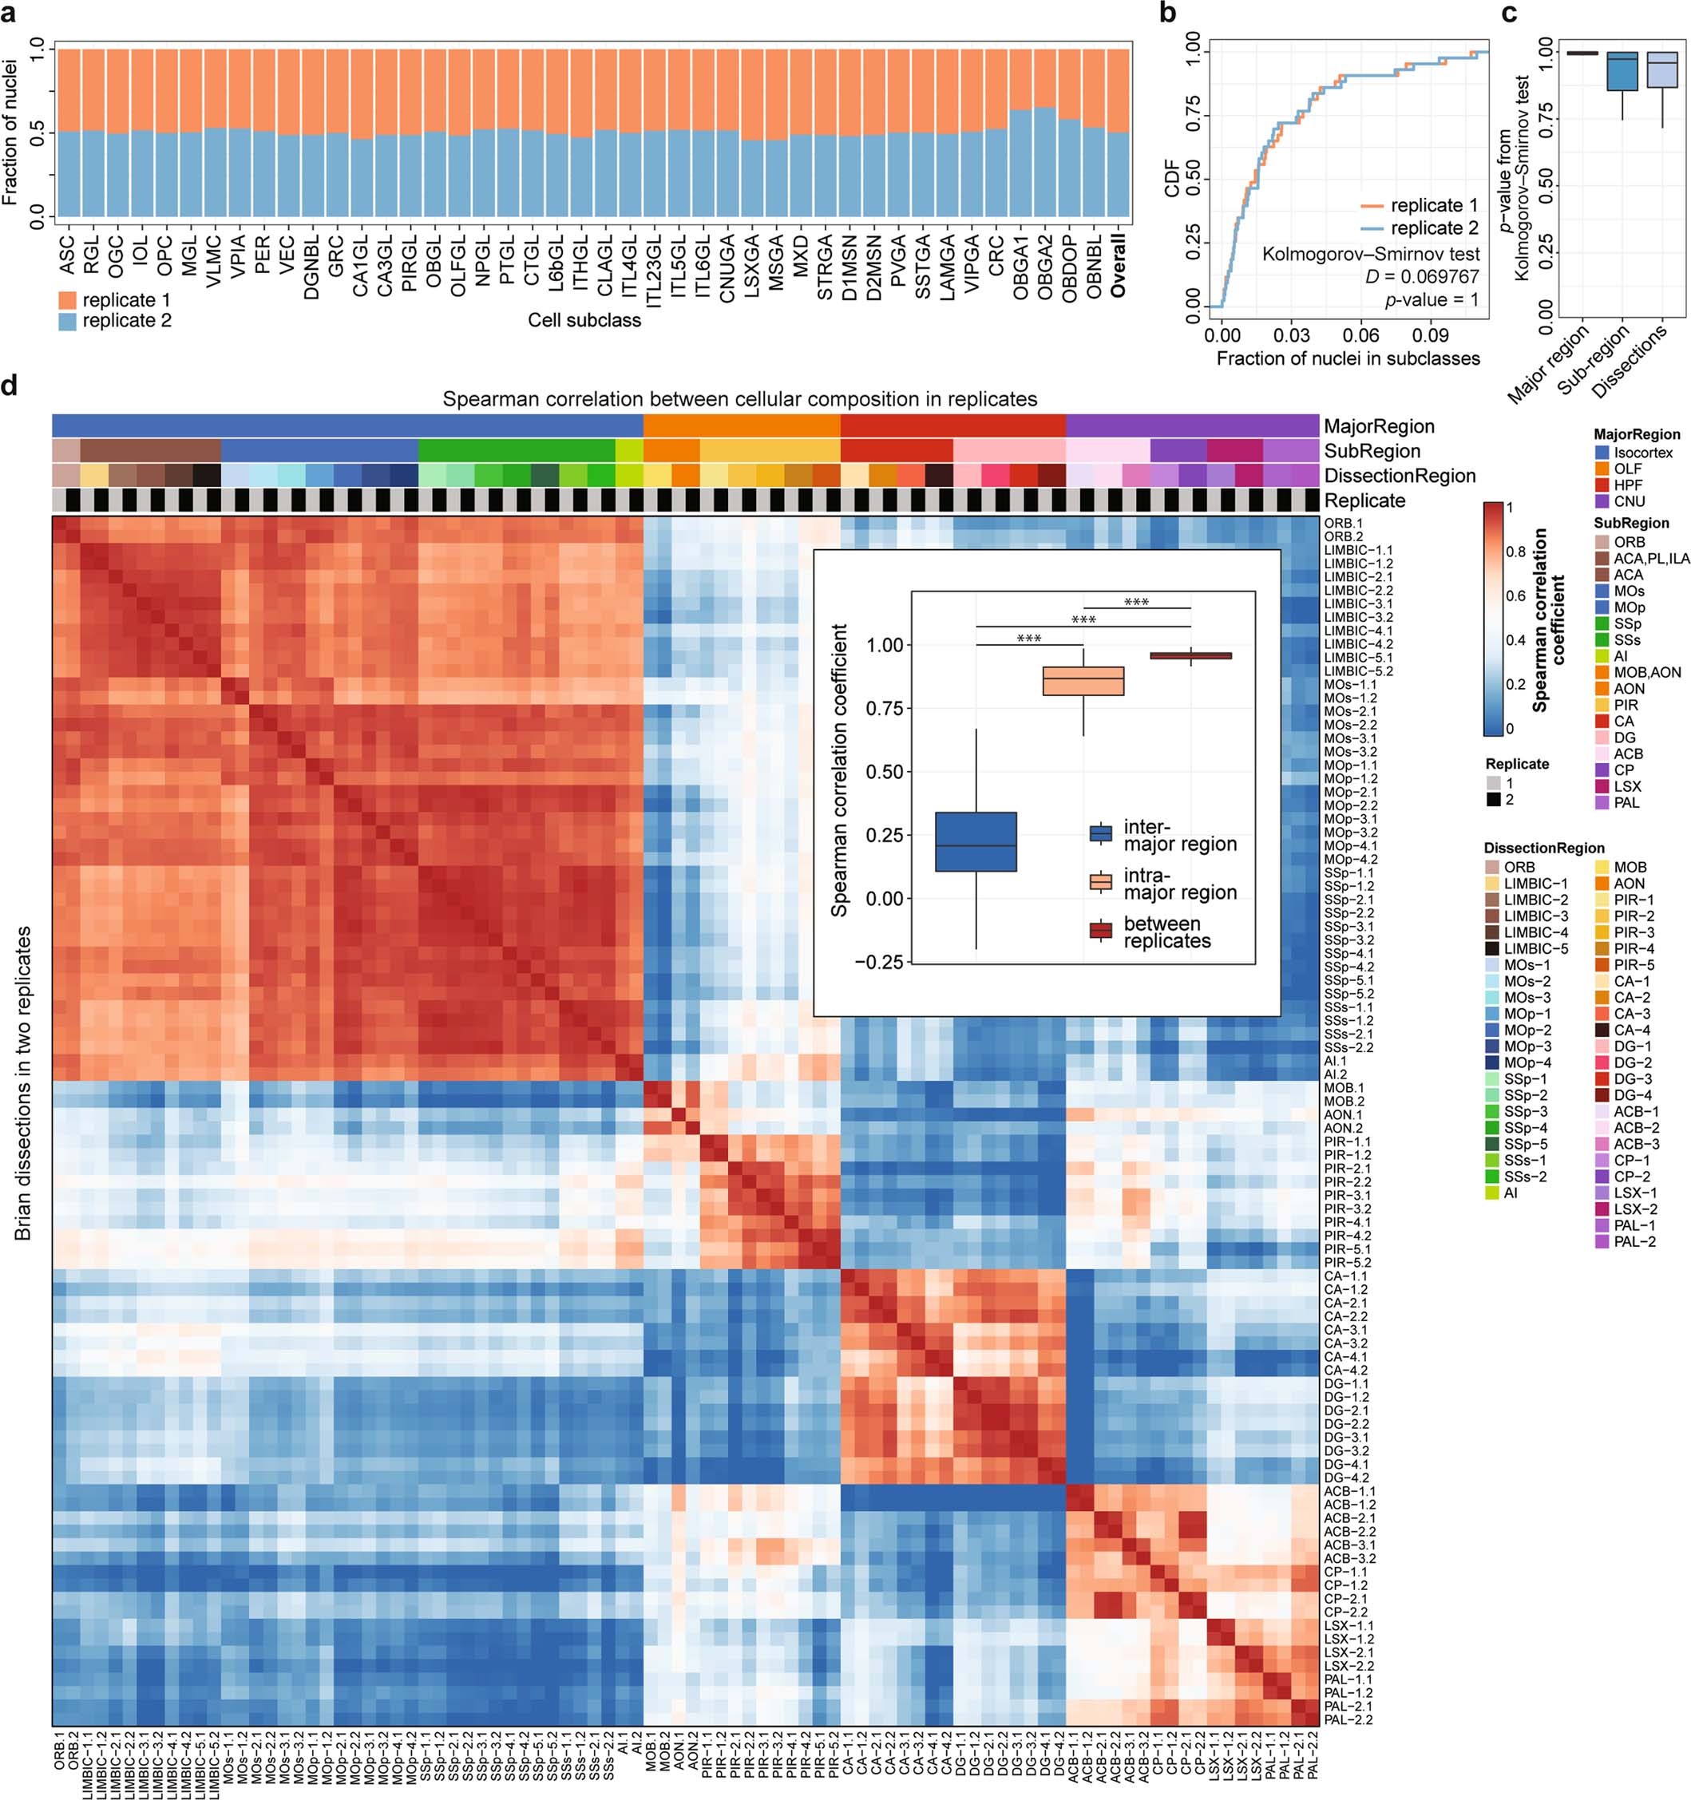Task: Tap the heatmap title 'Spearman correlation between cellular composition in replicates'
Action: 739,399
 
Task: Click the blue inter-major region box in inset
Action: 976,842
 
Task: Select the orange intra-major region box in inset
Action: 1083,681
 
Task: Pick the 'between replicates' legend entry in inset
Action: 1166,932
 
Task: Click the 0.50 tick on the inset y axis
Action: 885,771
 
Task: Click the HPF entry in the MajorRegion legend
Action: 1628,485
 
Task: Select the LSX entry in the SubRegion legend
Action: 1626,786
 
